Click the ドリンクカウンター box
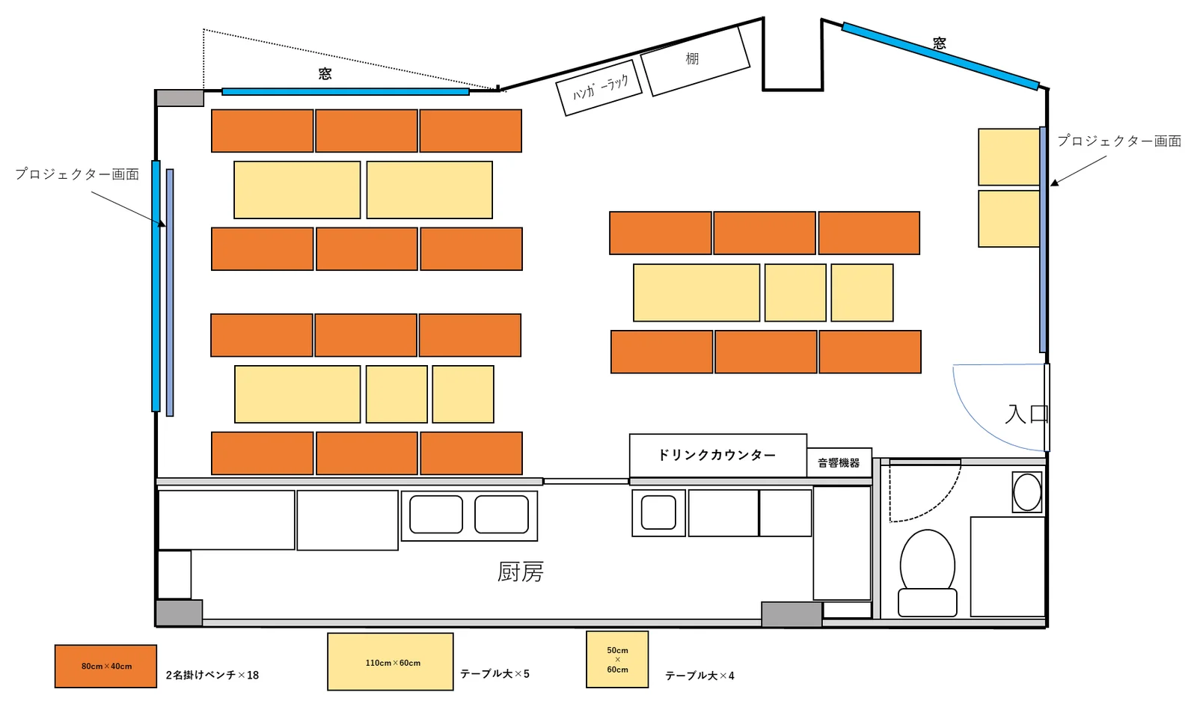coord(717,456)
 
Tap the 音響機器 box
coord(839,463)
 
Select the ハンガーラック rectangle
coord(599,88)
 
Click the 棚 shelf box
coord(695,61)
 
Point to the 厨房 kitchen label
coord(521,572)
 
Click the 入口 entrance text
coord(1026,414)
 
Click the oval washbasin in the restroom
coord(1027,492)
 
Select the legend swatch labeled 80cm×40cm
coord(105,666)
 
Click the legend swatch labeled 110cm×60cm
coord(391,662)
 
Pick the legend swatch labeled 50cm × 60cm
coord(617,659)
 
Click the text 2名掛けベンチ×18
coord(212,675)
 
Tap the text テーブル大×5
coord(495,674)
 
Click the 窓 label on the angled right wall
coord(940,43)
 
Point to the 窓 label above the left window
coord(325,74)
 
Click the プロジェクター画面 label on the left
coord(77,174)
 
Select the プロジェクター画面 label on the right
coord(1119,141)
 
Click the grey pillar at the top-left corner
coord(180,98)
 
